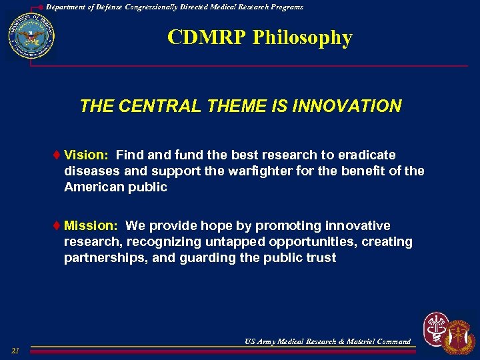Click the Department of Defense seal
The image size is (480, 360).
tap(31, 37)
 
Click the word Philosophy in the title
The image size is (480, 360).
tap(302, 38)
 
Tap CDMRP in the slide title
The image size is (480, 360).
tap(207, 38)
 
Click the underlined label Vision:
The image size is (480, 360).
tap(87, 155)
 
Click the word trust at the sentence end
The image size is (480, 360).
tap(321, 258)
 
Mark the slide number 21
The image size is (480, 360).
tap(15, 351)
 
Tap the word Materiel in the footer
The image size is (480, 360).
tap(359, 341)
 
